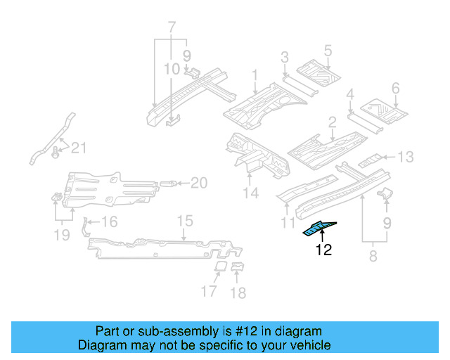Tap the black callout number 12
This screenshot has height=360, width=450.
(x=323, y=249)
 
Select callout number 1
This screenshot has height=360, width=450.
(x=255, y=75)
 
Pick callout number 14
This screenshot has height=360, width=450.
(x=251, y=193)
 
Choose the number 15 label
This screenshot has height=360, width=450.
(x=184, y=221)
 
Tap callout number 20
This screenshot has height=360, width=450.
(x=199, y=184)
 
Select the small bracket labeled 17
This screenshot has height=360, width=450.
(x=219, y=267)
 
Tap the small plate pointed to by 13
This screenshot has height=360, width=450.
(x=371, y=160)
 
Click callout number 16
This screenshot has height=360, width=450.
(x=109, y=223)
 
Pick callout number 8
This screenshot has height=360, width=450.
(x=372, y=257)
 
